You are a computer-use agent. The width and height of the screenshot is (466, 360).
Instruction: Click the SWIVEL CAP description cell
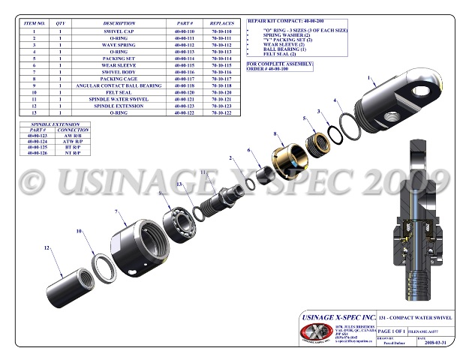tap(119, 32)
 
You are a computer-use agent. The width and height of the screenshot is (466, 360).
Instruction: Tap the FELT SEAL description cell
tap(119, 92)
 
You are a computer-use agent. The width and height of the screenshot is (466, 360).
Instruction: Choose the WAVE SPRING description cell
tap(119, 45)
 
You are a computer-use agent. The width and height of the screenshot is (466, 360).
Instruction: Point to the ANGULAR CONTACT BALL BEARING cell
tap(119, 85)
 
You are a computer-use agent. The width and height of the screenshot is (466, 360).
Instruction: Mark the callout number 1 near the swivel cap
tap(369, 77)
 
